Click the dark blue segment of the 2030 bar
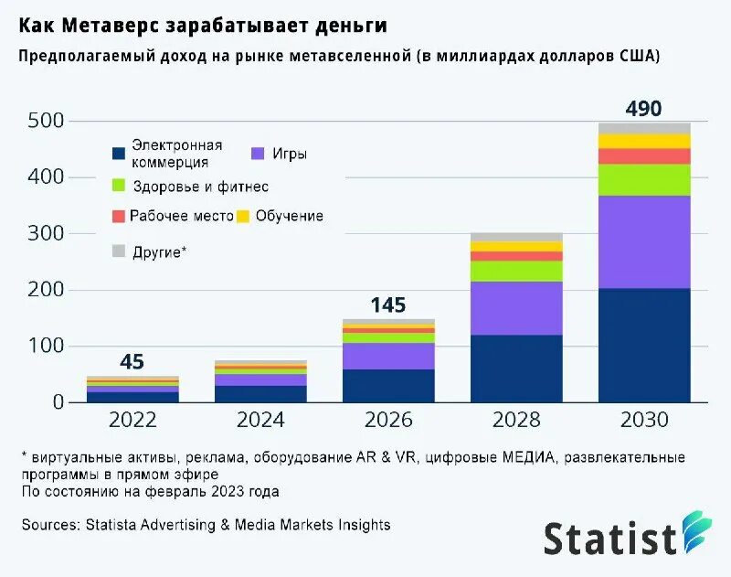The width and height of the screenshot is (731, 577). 644,345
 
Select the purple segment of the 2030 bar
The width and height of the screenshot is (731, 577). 644,242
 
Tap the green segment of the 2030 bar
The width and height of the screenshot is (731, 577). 644,179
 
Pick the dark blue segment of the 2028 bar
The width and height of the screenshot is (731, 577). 516,369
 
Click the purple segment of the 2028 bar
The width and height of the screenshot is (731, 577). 516,308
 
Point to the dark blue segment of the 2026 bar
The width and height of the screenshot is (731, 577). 388,385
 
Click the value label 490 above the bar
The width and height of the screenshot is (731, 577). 643,109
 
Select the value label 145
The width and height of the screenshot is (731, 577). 387,305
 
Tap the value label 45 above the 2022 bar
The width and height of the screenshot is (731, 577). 132,362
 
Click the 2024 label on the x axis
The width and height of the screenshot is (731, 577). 260,421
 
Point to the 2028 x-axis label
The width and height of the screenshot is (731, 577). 516,421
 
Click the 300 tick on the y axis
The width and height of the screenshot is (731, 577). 46,233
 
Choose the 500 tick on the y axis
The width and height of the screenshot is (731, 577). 46,121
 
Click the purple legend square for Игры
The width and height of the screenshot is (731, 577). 257,154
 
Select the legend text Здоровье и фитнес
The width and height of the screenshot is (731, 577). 199,187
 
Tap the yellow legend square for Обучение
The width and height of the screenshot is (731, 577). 243,217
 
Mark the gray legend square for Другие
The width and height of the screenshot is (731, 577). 118,251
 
